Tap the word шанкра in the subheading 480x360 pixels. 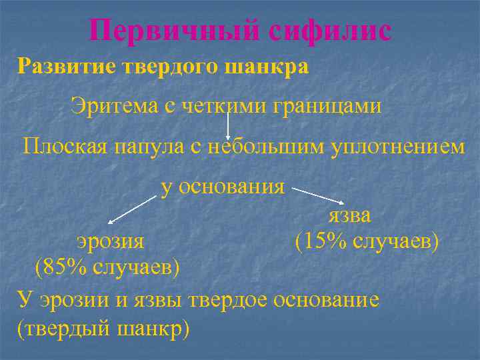click(x=267, y=68)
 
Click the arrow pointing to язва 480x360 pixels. click(x=317, y=195)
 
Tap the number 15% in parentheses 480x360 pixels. click(x=327, y=241)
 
